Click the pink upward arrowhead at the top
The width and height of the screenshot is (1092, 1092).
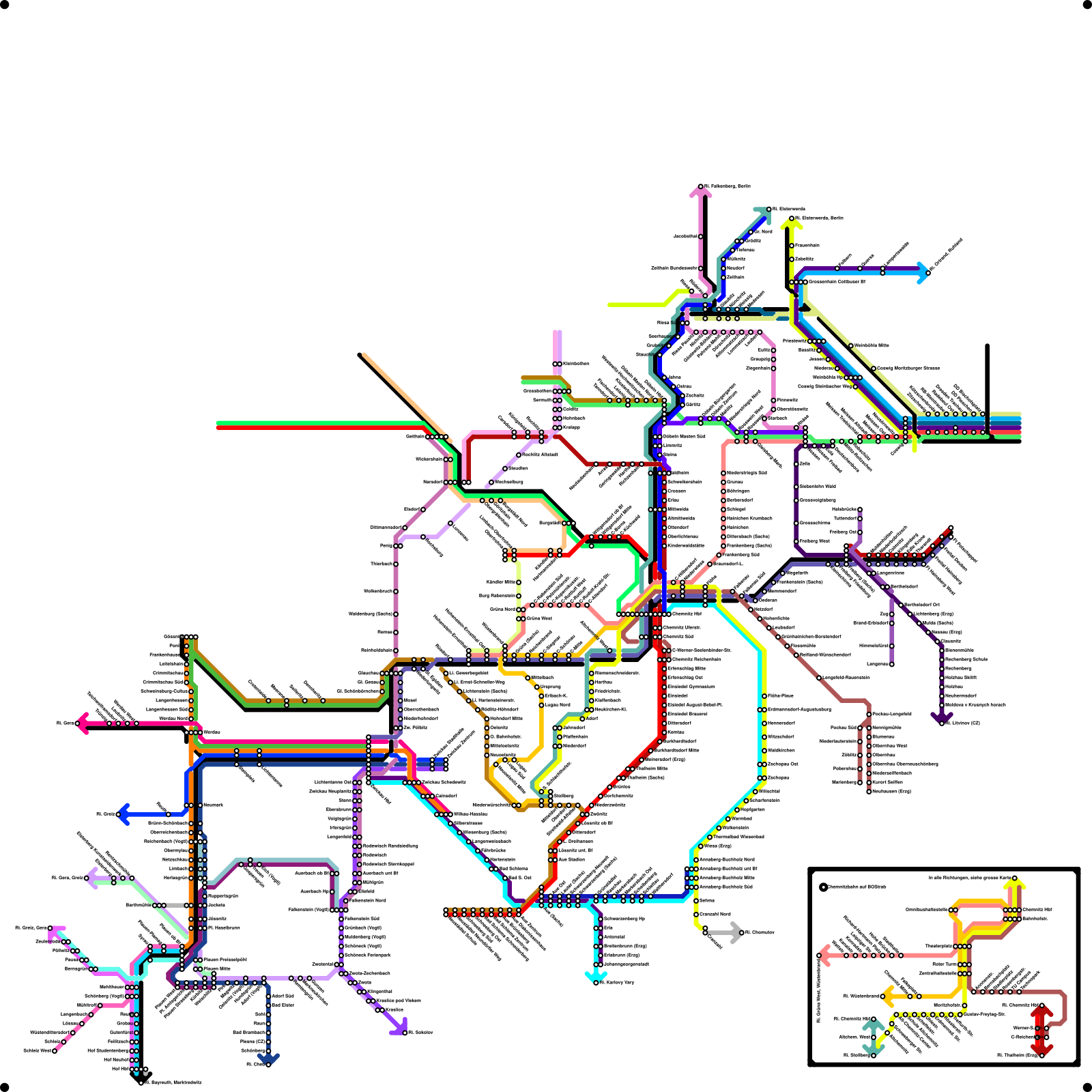(x=701, y=192)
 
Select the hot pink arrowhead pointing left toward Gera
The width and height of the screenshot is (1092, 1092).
(x=82, y=723)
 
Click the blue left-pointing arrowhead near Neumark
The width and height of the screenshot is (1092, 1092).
(x=123, y=814)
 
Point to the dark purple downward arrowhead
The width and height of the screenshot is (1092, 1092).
(x=942, y=717)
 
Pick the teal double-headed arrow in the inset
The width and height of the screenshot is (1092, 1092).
(x=873, y=1038)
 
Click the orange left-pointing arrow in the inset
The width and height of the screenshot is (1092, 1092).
(x=887, y=996)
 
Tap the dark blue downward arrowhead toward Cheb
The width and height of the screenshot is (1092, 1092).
(x=268, y=1059)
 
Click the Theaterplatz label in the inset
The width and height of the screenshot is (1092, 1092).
(x=939, y=946)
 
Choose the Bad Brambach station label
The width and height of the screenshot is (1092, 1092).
(x=248, y=1033)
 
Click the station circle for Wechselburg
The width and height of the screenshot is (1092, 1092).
(x=490, y=483)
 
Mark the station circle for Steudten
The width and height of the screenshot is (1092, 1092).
(x=505, y=469)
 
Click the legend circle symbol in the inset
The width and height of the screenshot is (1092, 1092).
(x=823, y=887)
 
